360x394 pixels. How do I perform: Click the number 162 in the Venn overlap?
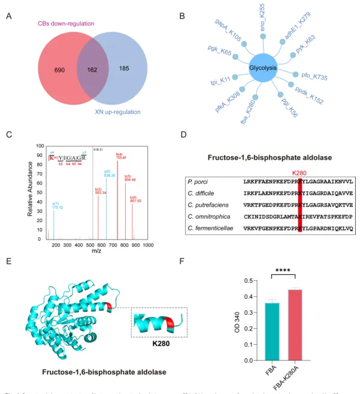click(x=92, y=69)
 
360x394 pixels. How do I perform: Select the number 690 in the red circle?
click(x=59, y=70)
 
